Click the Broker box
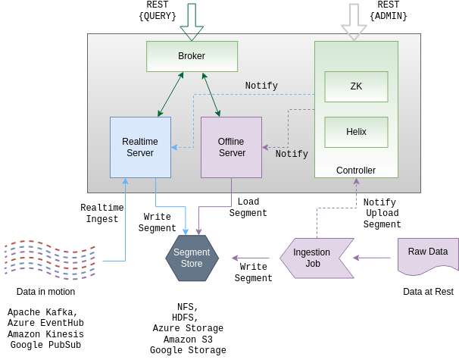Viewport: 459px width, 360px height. click(x=192, y=56)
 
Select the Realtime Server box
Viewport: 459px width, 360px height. click(x=140, y=147)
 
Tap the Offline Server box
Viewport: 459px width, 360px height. click(x=231, y=147)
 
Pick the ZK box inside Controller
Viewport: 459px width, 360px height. click(x=356, y=86)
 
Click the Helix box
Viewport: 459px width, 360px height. click(x=356, y=132)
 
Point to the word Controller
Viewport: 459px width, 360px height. click(x=356, y=171)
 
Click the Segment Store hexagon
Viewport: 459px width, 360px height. click(x=192, y=258)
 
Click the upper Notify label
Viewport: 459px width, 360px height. click(x=261, y=86)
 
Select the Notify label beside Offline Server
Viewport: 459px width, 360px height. click(x=292, y=154)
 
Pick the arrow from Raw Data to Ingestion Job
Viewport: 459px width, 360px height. click(x=373, y=258)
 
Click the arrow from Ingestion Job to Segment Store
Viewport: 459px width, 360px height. click(x=251, y=258)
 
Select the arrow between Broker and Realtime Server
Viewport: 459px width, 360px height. click(x=170, y=95)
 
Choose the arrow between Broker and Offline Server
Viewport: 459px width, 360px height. click(x=211, y=95)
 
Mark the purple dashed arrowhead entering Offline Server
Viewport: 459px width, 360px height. click(x=265, y=147)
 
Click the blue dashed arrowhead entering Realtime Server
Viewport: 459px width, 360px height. click(x=174, y=147)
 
